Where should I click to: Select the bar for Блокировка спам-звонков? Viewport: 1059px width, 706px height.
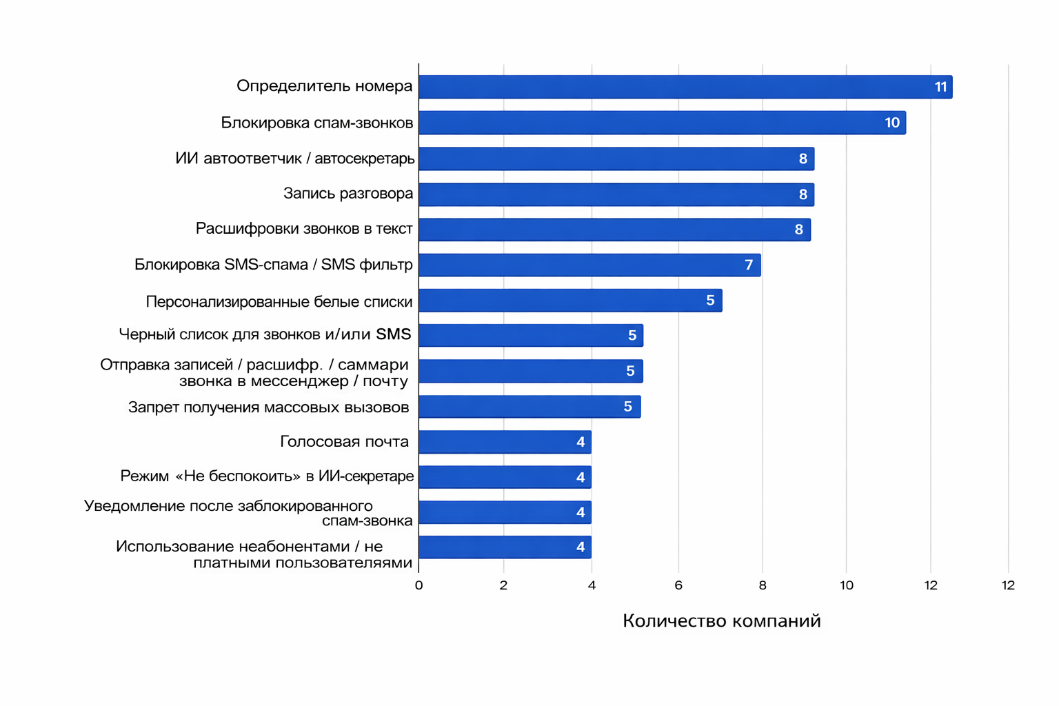point(662,123)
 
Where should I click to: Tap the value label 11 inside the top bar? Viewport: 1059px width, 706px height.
point(940,87)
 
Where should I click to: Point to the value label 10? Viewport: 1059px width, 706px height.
point(892,123)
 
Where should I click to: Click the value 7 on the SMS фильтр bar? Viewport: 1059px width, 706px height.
point(749,265)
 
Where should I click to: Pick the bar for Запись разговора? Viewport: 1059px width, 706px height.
point(616,194)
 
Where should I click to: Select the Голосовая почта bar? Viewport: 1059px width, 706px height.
point(505,442)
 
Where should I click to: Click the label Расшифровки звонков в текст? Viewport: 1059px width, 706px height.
point(304,229)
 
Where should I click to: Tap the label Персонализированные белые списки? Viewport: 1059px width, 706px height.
point(279,302)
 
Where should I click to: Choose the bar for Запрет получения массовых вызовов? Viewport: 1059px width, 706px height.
point(529,407)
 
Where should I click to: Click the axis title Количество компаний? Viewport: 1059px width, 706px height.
point(721,621)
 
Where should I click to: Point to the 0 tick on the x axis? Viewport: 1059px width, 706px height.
point(418,585)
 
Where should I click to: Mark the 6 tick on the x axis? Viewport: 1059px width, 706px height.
point(678,585)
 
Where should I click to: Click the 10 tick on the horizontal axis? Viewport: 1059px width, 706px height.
point(847,585)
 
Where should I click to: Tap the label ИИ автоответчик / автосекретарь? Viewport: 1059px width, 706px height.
point(295,159)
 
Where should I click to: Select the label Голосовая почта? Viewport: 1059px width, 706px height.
point(344,442)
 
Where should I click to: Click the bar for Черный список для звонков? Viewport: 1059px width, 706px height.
point(531,336)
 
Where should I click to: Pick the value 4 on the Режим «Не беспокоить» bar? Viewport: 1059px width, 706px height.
point(581,477)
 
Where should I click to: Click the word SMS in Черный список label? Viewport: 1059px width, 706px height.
point(393,334)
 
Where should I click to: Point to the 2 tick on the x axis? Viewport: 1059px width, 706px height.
point(503,585)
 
